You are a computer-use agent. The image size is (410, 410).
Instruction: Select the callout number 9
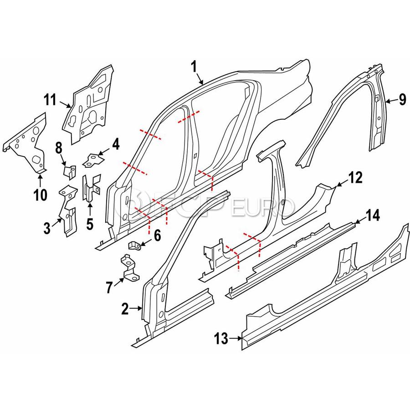pos(402,99)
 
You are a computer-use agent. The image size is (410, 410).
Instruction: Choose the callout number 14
pos(373,216)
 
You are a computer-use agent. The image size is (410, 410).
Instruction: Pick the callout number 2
pos(125,310)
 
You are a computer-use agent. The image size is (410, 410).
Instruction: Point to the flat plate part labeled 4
pos(92,160)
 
